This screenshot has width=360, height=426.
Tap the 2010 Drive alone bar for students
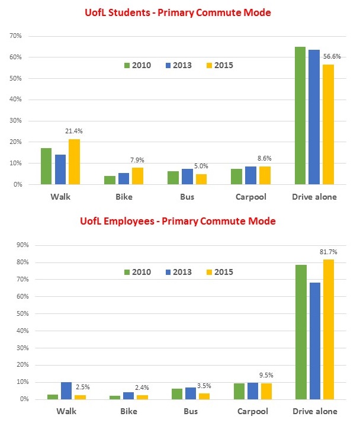(x=300, y=116)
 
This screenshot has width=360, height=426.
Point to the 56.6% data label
(x=332, y=56)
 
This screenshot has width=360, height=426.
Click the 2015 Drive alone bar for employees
(x=329, y=329)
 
